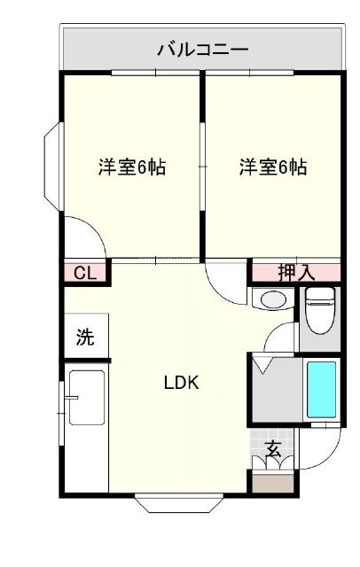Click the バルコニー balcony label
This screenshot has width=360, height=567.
pyautogui.click(x=203, y=49)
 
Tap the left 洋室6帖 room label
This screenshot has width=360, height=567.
pyautogui.click(x=132, y=167)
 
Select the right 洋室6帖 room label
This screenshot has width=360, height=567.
pyautogui.click(x=273, y=167)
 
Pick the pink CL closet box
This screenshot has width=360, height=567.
pyautogui.click(x=85, y=273)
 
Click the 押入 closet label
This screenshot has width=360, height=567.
pyautogui.click(x=296, y=273)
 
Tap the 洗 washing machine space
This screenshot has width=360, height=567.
pyautogui.click(x=85, y=337)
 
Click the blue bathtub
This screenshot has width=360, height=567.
pyautogui.click(x=321, y=390)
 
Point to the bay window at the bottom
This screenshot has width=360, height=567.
pyautogui.click(x=180, y=503)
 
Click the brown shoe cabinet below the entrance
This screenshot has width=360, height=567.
pyautogui.click(x=273, y=485)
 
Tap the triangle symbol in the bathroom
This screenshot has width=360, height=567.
pyautogui.click(x=263, y=364)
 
